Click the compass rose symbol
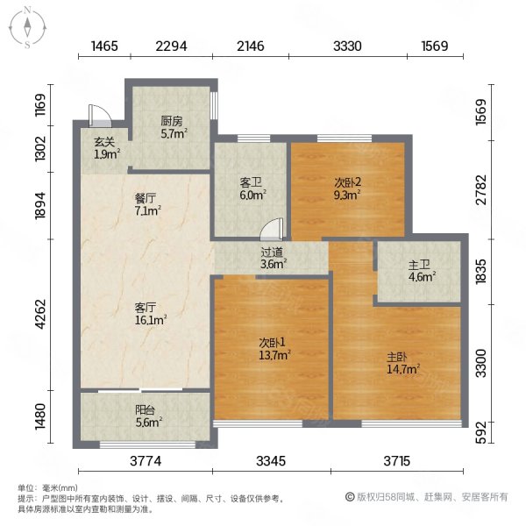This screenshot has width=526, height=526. click(27, 28)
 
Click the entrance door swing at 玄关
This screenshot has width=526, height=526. click(100, 116)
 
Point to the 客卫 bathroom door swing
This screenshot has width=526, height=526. click(272, 230)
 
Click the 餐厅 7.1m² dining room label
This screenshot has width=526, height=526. click(147, 204)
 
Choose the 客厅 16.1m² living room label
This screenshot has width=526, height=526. click(150, 314)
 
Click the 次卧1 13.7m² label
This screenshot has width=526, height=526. click(274, 349)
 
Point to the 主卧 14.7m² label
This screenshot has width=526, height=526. click(403, 363)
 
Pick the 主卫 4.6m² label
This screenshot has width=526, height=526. click(422, 271)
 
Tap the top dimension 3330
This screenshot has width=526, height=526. click(347, 46)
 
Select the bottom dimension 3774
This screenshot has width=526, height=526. click(146, 461)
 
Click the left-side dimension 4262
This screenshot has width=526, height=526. click(40, 315)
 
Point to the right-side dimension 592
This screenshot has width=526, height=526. click(481, 432)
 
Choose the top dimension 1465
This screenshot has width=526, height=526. click(104, 46)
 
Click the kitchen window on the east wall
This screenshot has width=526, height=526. click(214, 105)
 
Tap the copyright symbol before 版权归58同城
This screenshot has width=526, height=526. click(350, 497)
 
